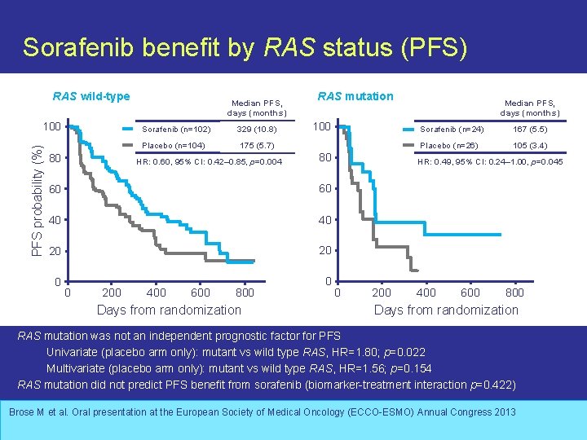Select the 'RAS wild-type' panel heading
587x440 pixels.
pos(91,97)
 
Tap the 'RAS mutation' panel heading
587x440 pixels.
pos(355,96)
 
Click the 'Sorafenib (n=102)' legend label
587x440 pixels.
pos(176,130)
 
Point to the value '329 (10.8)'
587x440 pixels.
pos(257,130)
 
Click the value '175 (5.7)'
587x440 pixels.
pos(257,146)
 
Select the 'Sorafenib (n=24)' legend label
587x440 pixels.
pos(451,130)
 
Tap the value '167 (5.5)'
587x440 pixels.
pos(530,130)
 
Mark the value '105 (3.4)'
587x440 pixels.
pos(530,146)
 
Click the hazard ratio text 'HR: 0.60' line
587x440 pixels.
pos(208,161)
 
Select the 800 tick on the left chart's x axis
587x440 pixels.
pos(245,293)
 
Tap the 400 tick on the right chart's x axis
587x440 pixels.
pos(426,293)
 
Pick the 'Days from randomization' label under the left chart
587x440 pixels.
pos(169,310)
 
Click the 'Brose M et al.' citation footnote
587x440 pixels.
pos(263,412)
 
